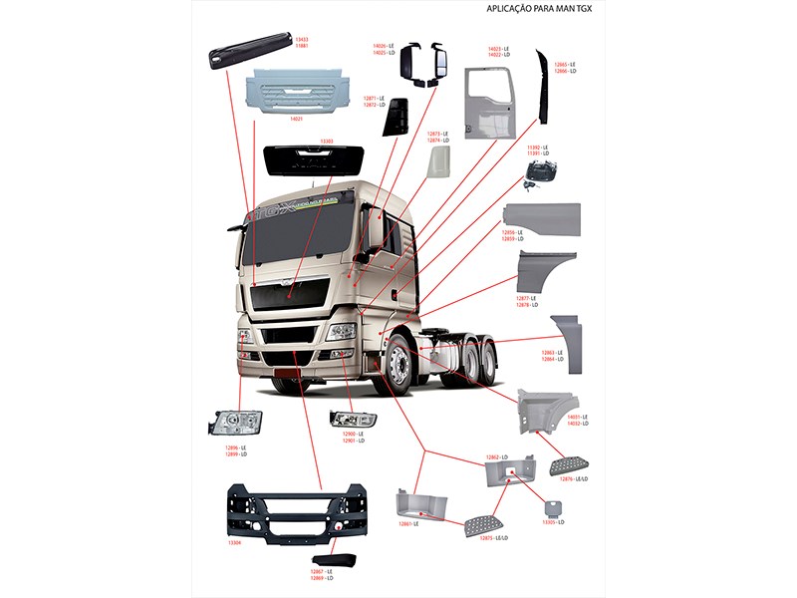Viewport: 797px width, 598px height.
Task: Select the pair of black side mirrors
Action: (426, 64)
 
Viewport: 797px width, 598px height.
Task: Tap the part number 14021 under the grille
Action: (296, 119)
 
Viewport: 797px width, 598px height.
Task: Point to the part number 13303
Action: (326, 142)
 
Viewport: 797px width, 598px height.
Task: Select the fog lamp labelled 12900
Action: (353, 419)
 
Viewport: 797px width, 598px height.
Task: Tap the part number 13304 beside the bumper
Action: (235, 544)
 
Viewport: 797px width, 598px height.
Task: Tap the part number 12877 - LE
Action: (525, 298)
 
